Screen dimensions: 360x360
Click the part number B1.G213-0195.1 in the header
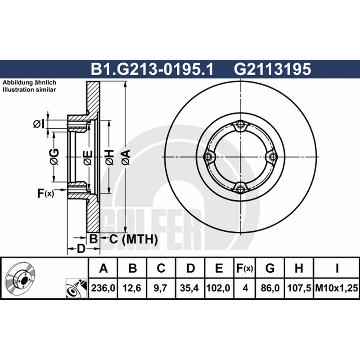(x=152, y=69)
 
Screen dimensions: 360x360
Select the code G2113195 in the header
(x=273, y=69)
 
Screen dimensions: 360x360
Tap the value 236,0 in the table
(x=103, y=288)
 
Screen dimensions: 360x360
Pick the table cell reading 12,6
(x=132, y=288)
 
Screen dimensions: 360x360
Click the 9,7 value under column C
(x=161, y=288)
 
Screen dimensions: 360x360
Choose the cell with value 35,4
(x=189, y=288)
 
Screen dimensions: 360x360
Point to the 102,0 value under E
(x=218, y=288)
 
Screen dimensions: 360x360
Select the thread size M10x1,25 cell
(x=337, y=288)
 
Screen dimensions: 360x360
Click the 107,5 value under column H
(x=299, y=288)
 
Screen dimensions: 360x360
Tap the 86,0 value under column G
(x=270, y=288)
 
